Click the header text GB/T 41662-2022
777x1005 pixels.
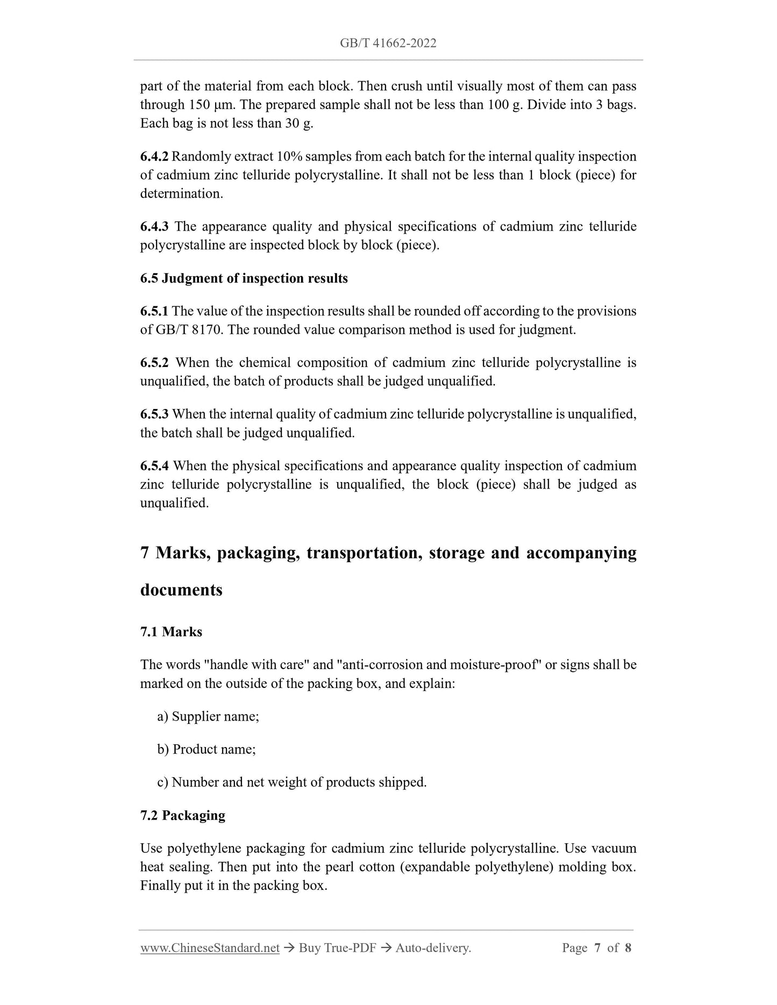tap(388, 43)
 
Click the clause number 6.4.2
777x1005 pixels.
tap(154, 156)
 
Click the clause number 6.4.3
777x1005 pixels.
tap(154, 226)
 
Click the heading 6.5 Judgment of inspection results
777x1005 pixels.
tap(244, 278)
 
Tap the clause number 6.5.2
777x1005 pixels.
tap(154, 363)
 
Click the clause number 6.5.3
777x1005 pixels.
tap(154, 414)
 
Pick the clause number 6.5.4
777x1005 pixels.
tap(154, 465)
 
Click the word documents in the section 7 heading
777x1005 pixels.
tap(181, 590)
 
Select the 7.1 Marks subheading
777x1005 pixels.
tap(171, 631)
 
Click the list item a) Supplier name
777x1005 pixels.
tap(208, 716)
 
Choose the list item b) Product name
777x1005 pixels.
tap(206, 749)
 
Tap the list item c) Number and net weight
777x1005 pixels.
tap(291, 782)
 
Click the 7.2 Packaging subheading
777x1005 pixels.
tap(182, 815)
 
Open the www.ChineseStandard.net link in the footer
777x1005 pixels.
tap(210, 948)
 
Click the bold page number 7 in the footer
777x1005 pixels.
tap(597, 948)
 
